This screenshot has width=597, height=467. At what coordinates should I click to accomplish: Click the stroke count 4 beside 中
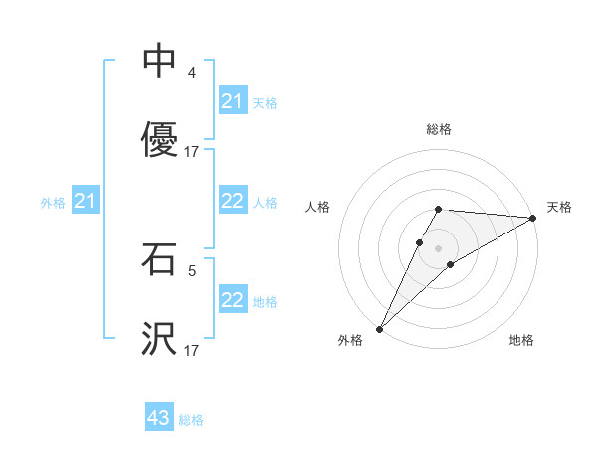tap(192, 73)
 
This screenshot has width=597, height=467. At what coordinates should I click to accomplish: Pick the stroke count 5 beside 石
tap(192, 269)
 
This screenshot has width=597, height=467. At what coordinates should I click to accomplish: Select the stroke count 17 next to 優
tap(192, 152)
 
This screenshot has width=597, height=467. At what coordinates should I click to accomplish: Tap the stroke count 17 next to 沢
tap(192, 350)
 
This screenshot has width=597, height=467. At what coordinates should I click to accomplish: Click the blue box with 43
tap(159, 418)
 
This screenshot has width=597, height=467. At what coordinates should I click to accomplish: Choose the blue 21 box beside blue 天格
tap(233, 101)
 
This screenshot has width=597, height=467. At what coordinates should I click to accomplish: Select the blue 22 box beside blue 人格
tap(233, 201)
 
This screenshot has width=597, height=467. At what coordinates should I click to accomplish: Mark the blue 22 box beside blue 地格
tap(233, 300)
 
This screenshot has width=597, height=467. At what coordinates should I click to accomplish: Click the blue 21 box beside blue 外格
tap(86, 202)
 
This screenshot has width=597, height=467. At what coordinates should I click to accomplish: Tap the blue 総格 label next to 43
tap(192, 420)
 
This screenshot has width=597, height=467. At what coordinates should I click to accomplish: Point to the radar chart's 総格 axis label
tap(438, 129)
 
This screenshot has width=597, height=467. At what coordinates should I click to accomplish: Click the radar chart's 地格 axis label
tap(521, 341)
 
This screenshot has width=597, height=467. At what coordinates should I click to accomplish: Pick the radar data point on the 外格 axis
tap(379, 328)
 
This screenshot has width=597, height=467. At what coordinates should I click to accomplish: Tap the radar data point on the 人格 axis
tap(419, 241)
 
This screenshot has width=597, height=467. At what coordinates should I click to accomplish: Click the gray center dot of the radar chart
tap(438, 247)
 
